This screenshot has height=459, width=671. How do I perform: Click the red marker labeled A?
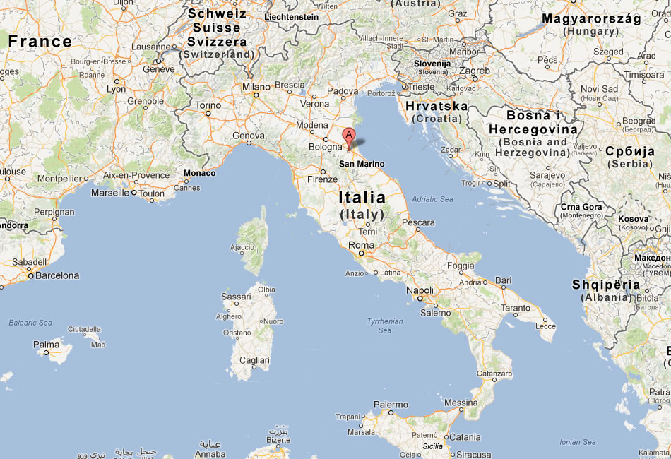(348, 136)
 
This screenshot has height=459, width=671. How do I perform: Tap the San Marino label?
(362, 164)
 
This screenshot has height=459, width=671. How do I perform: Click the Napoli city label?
(420, 290)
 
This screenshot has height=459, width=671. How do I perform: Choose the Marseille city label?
(111, 192)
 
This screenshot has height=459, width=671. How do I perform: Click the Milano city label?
(256, 86)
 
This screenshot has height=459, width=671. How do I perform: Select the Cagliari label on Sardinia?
(254, 360)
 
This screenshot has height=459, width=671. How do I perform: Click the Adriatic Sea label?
(432, 199)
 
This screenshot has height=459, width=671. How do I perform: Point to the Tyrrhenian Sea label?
(384, 326)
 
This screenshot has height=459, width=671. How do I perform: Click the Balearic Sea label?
(30, 323)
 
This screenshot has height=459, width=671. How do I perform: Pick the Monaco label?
(199, 173)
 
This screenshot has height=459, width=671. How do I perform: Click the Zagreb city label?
(475, 71)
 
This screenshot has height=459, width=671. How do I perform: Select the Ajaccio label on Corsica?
(242, 247)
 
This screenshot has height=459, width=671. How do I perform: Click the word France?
(40, 42)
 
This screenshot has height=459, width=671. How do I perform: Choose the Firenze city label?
(322, 179)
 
